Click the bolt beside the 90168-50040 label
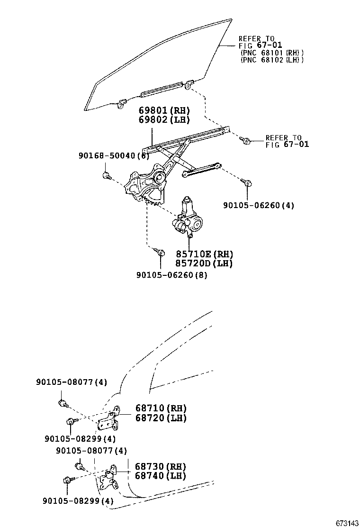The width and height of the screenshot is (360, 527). tap(107, 176)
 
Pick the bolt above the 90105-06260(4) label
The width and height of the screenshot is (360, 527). tap(247, 182)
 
